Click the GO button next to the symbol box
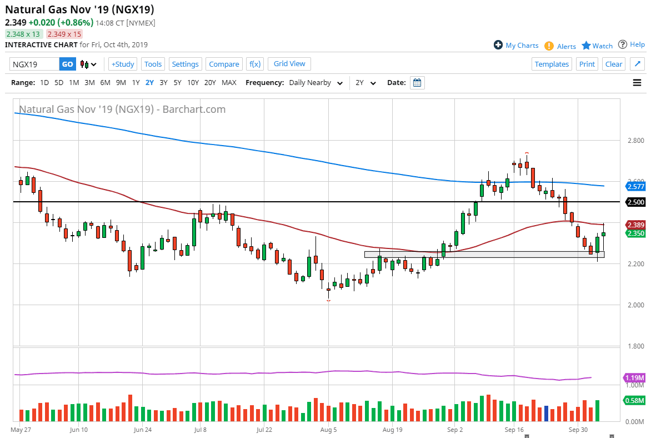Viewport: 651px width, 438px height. [x=67, y=64]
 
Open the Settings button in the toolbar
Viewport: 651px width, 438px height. [x=185, y=64]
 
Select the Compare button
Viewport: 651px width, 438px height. [x=224, y=64]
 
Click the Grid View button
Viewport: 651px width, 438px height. [x=289, y=63]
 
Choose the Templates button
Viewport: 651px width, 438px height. [x=552, y=64]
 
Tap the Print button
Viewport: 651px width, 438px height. [x=587, y=64]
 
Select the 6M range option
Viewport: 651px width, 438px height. [x=105, y=82]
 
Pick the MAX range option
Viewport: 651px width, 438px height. [x=229, y=82]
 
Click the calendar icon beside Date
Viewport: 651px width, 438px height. [x=418, y=83]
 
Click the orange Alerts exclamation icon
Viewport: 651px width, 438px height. [x=549, y=46]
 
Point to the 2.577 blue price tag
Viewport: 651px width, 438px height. [x=635, y=187]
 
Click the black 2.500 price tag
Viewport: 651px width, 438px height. [x=635, y=202]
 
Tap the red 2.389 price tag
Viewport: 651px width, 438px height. [x=635, y=225]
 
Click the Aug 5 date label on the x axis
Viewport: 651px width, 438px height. [x=328, y=430]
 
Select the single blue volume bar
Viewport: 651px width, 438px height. [x=546, y=414]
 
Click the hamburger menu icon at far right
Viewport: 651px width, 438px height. [x=637, y=83]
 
